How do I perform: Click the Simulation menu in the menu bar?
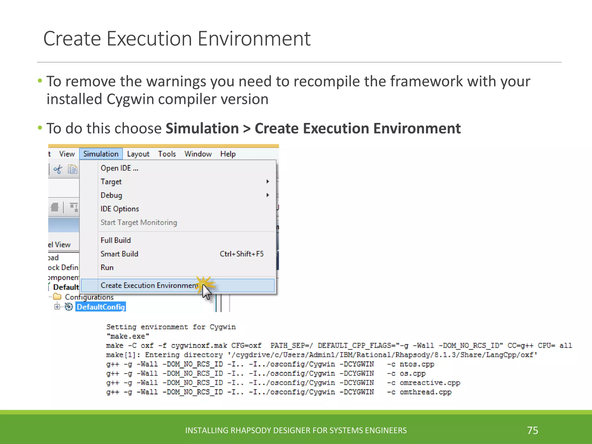(x=101, y=154)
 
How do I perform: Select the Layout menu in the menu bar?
(x=138, y=154)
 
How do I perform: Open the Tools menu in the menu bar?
(x=167, y=154)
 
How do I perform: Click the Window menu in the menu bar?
(x=198, y=154)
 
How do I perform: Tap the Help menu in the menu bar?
(x=228, y=154)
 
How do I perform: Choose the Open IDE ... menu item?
(x=119, y=168)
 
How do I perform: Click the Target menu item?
(x=111, y=182)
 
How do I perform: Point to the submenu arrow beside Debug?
(x=268, y=195)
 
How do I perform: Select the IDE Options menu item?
(x=120, y=209)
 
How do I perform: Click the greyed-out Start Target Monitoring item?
(x=139, y=222)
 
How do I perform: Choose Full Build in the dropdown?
(x=116, y=240)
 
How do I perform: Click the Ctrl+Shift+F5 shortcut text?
(x=242, y=254)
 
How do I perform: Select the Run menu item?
(x=107, y=267)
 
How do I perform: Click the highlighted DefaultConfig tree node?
(x=101, y=307)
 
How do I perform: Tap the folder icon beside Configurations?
(x=58, y=297)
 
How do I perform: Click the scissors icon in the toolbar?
(x=58, y=169)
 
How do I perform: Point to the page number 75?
(x=532, y=430)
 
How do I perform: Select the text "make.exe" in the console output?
(x=128, y=336)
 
